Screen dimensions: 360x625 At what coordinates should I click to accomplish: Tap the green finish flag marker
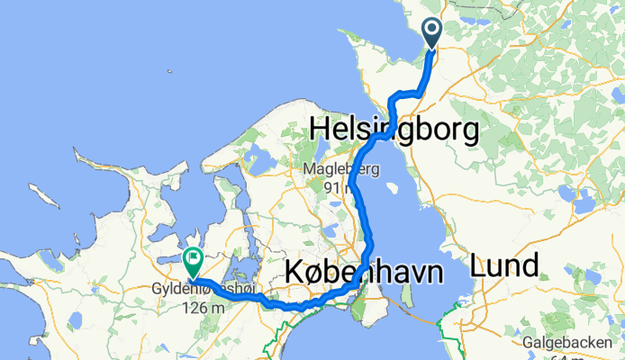193,262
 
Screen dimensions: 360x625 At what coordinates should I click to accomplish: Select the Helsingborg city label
394,130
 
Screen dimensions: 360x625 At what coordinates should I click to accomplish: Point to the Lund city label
504,265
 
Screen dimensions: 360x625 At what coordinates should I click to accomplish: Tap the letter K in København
294,271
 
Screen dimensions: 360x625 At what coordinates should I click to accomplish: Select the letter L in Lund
477,265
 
